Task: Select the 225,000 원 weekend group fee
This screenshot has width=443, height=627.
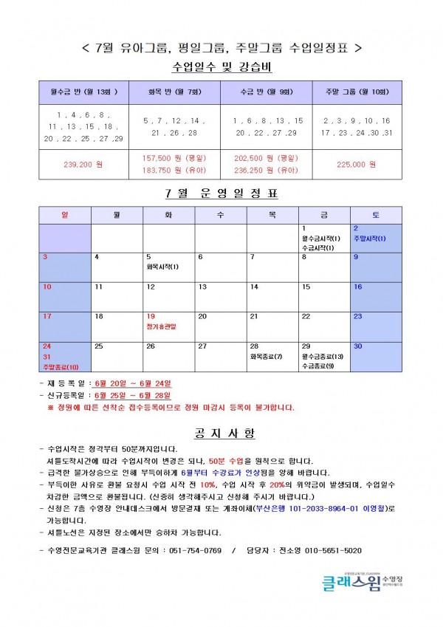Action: click(x=357, y=164)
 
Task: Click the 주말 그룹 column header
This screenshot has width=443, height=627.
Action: click(x=357, y=92)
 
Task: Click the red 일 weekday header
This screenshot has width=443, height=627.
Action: click(x=64, y=214)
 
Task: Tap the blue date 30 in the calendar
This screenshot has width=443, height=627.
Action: click(x=357, y=346)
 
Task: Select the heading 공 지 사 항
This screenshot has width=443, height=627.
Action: click(x=221, y=433)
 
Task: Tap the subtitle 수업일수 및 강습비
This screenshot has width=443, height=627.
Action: click(x=221, y=67)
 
